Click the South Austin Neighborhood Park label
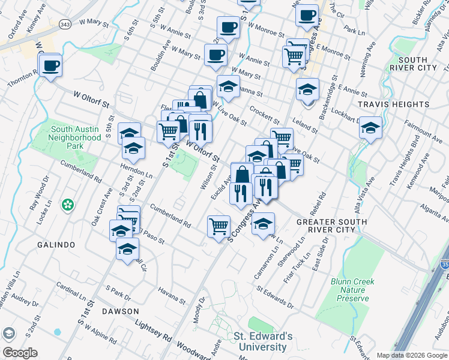point(76,137)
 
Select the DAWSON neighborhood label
point(120,311)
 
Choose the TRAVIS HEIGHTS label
point(393,104)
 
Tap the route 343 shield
point(65,23)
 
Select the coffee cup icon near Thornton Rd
point(50,65)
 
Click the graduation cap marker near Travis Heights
point(371,128)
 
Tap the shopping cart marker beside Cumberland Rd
point(218,226)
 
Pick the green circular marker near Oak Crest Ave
point(67,205)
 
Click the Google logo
point(20,353)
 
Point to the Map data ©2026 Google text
point(411,355)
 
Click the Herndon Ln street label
point(136,172)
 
